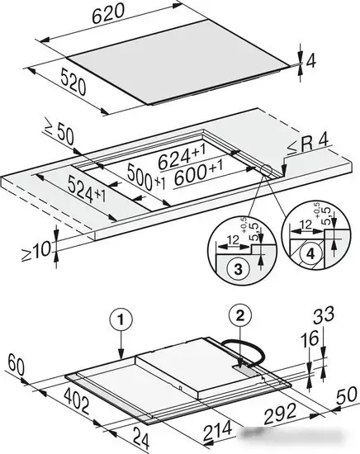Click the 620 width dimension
[108, 14]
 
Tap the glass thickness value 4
[310, 60]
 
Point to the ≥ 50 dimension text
[59, 134]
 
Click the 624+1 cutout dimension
[182, 157]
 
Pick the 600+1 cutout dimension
[199, 173]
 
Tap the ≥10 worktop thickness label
[37, 250]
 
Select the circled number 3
[238, 269]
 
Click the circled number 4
[310, 254]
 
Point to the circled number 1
[121, 320]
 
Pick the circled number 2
[240, 315]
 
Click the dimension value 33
[324, 314]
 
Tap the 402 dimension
[77, 400]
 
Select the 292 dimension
[280, 414]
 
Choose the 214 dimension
[218, 431]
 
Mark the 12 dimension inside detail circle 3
[233, 239]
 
